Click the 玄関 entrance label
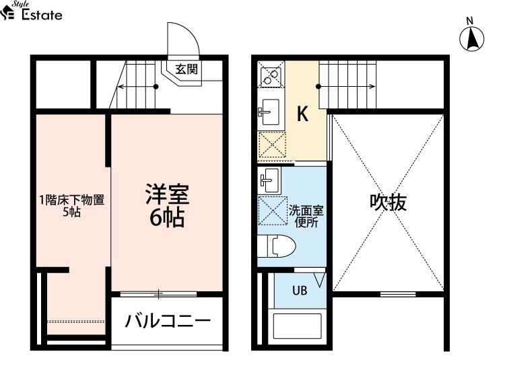pos(187,69)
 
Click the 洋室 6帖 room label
pos(167,206)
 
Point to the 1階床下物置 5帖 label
pos(72,206)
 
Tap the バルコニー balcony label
pos(168,321)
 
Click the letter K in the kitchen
pos(302,114)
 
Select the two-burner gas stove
pos(271,74)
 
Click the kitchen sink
pos(270,112)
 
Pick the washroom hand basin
pos(269,180)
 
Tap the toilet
pos(276,246)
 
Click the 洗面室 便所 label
pos(306,216)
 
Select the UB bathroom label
pos(300,291)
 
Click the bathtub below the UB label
pos(297,326)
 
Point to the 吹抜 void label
pos(388,202)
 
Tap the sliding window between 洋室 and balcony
pos(158,294)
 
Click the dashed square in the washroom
pos(273,211)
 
